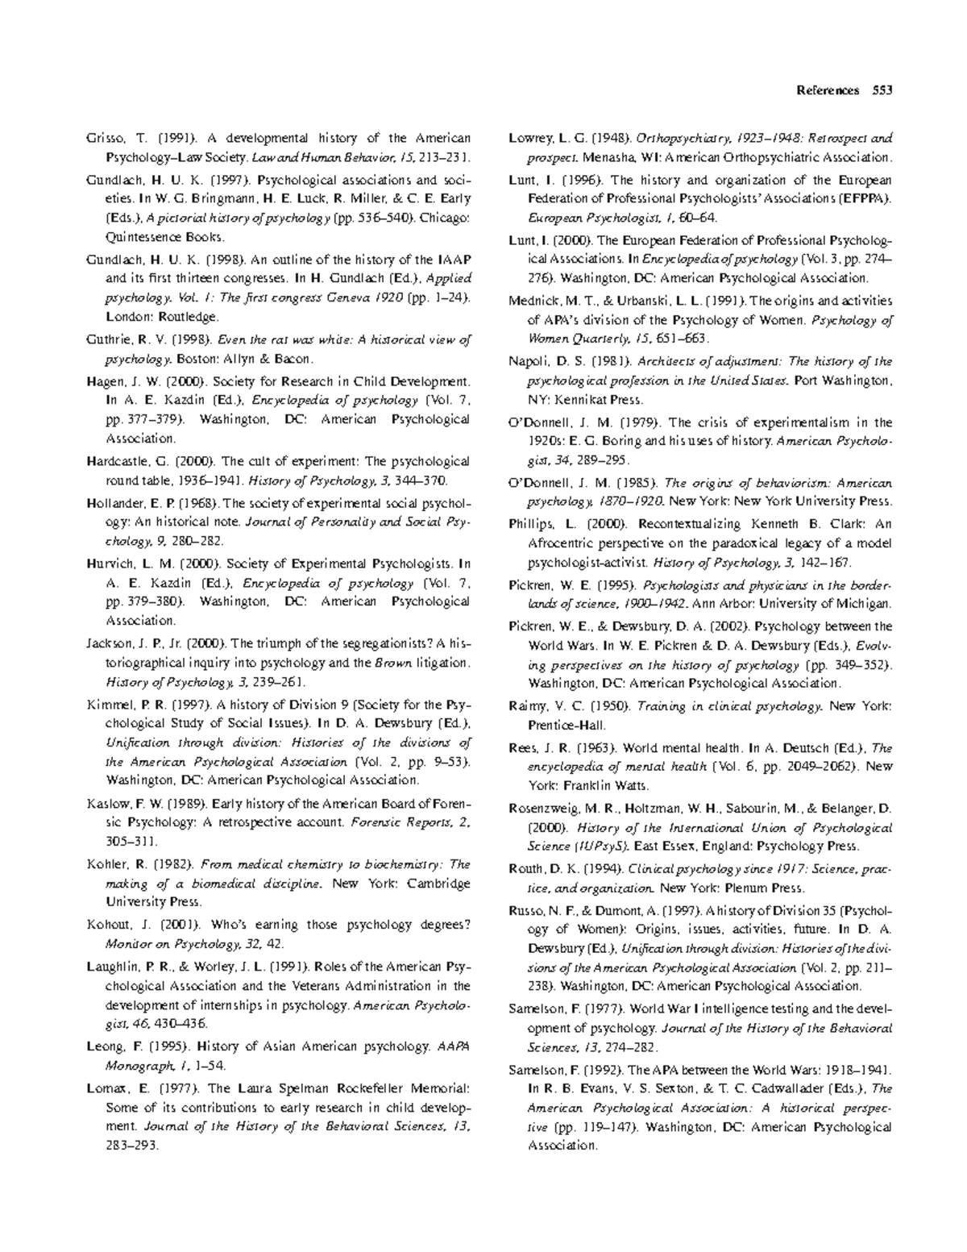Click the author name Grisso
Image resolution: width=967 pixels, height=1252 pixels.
coord(105,139)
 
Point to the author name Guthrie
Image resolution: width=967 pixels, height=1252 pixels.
coord(106,340)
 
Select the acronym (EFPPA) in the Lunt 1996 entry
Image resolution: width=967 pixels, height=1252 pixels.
coord(864,198)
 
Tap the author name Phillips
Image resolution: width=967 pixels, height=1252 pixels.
coord(531,524)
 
